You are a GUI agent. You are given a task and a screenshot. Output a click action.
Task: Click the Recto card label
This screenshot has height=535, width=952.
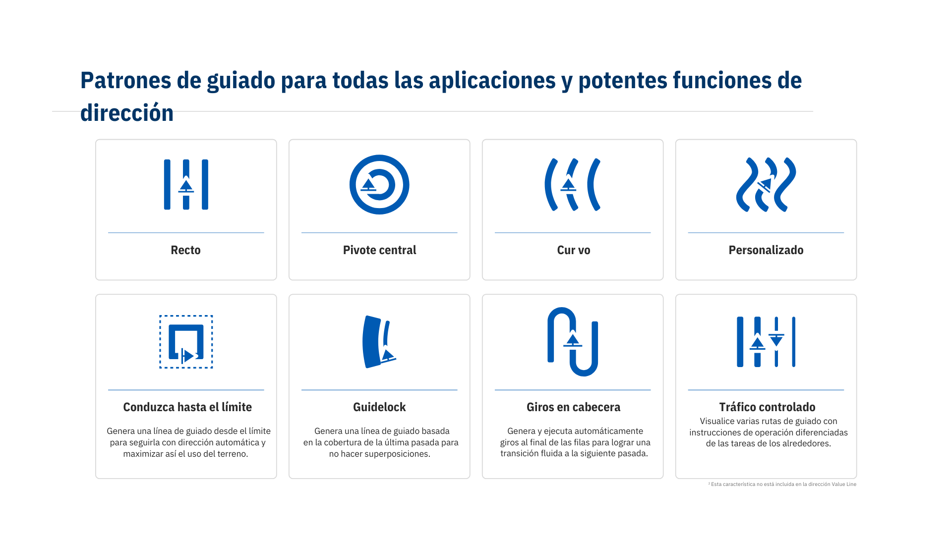pos(185,250)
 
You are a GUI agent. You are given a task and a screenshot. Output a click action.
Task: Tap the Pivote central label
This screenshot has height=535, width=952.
pos(379,250)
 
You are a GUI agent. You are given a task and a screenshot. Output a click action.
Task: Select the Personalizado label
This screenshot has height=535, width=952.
pos(766,250)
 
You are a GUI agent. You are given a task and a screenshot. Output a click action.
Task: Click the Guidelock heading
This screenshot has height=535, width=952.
pos(379,407)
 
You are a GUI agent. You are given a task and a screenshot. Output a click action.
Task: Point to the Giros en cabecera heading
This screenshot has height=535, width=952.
pos(573,407)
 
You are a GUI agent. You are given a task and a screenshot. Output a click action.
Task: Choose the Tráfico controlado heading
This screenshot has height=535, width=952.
pos(767,407)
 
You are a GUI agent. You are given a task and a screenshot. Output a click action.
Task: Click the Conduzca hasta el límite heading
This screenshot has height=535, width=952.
pos(187,407)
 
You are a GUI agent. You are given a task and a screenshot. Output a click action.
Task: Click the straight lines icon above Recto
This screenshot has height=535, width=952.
pos(186,184)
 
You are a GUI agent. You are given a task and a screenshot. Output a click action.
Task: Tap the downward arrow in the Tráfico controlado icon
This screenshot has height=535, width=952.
pos(776,340)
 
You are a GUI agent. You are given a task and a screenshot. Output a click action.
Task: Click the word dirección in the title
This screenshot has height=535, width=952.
pos(127,113)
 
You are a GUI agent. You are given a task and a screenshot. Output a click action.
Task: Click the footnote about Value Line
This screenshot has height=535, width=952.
pos(782,484)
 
